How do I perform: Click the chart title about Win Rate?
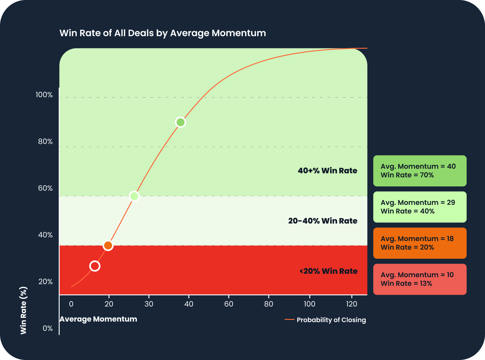tap(162, 33)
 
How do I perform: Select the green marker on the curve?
tap(180, 123)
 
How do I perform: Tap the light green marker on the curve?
tap(134, 196)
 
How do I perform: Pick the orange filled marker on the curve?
tap(108, 246)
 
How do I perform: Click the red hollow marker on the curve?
tap(95, 266)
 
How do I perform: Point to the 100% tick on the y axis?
tap(44, 95)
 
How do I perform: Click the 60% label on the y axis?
tap(45, 188)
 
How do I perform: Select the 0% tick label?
tap(47, 328)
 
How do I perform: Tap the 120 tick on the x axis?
tap(351, 304)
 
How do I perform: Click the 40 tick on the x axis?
tap(189, 304)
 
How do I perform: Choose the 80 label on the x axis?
tap(268, 304)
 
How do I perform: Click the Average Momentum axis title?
tap(98, 319)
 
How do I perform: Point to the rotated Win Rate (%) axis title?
tap(24, 310)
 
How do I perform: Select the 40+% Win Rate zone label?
tap(327, 171)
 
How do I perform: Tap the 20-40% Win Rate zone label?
tap(323, 221)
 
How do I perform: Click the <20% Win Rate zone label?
tap(328, 271)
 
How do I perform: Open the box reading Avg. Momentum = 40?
tap(420, 171)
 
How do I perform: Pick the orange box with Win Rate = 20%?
tap(420, 243)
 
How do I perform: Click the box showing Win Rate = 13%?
tap(420, 279)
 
